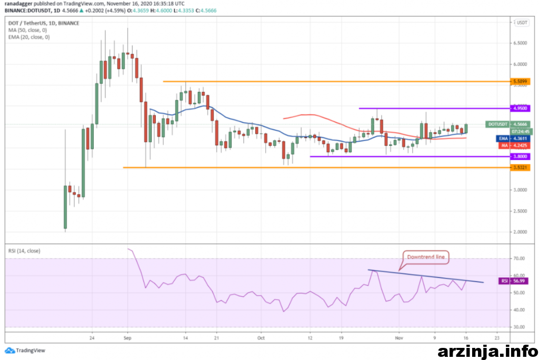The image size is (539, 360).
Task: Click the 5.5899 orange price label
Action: [x=520, y=82]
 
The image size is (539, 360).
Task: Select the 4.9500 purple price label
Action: [x=520, y=108]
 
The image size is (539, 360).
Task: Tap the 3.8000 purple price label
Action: [x=520, y=156]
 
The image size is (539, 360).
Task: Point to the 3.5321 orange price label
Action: [x=520, y=167]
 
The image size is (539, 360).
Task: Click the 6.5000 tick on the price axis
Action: [x=520, y=43]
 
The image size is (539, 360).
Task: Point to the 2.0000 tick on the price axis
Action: [x=520, y=232]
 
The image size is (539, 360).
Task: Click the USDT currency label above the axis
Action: [x=521, y=23]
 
